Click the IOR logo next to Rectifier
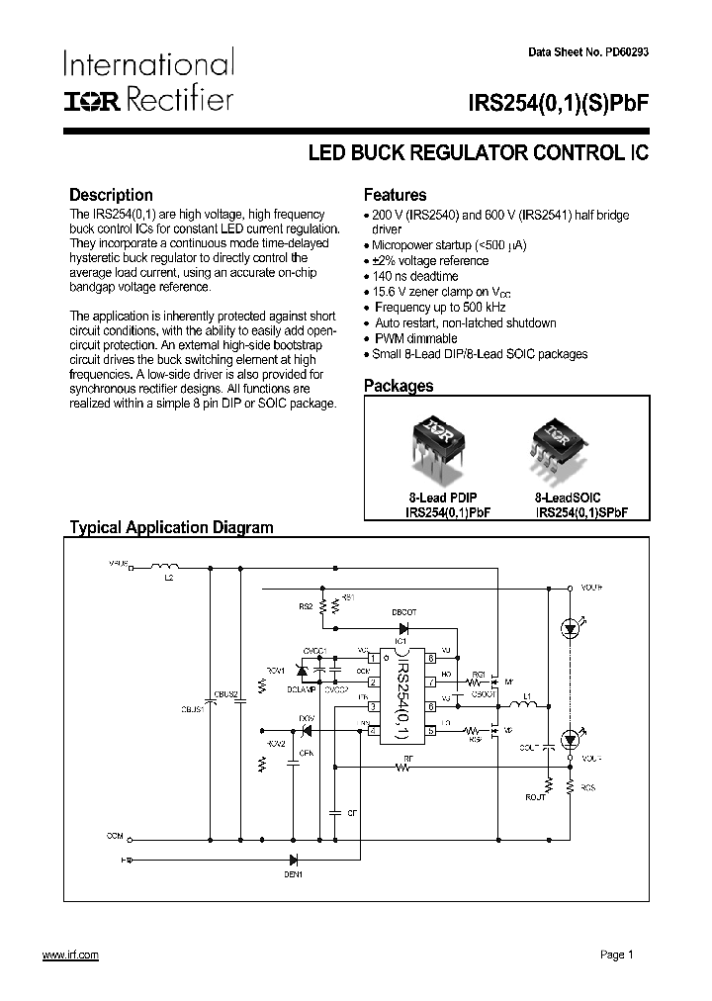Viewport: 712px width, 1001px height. point(91,100)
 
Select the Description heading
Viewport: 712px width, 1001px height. point(111,195)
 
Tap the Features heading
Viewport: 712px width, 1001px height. point(395,195)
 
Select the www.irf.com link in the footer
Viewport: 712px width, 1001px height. point(70,954)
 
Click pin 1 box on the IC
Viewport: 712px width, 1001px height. point(372,657)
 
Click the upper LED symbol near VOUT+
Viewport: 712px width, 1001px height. point(570,626)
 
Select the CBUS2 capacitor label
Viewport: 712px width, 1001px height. point(227,695)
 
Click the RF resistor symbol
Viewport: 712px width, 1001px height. point(406,768)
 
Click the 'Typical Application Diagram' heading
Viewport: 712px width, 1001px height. point(171,527)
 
